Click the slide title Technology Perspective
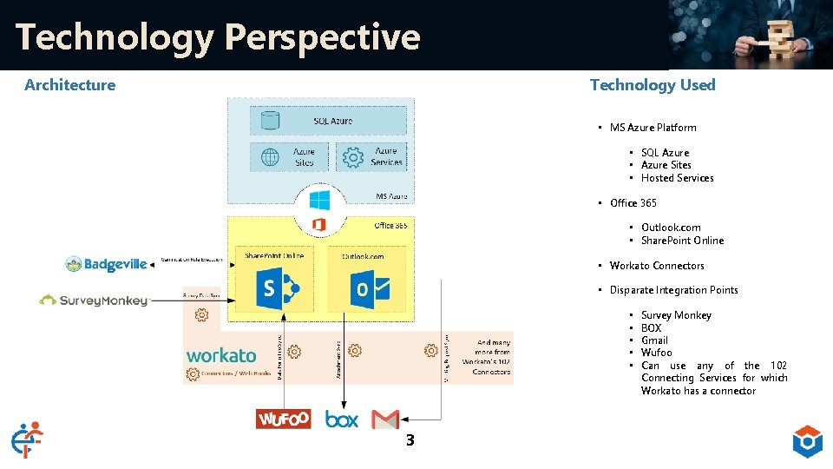click(x=218, y=36)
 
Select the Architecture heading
click(x=69, y=84)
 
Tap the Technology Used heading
click(x=653, y=84)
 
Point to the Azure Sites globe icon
click(x=270, y=157)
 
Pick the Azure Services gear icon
click(x=352, y=157)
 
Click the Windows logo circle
click(x=319, y=201)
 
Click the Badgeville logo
click(x=107, y=264)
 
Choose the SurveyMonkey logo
click(x=93, y=301)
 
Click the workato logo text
click(x=221, y=355)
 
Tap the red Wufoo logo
click(x=284, y=419)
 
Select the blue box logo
click(x=342, y=419)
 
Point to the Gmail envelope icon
click(x=385, y=419)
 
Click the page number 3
click(x=410, y=440)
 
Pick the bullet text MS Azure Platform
click(x=653, y=128)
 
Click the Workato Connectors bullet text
click(x=657, y=266)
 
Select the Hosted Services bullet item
click(x=677, y=178)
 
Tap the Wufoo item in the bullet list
click(x=656, y=353)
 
